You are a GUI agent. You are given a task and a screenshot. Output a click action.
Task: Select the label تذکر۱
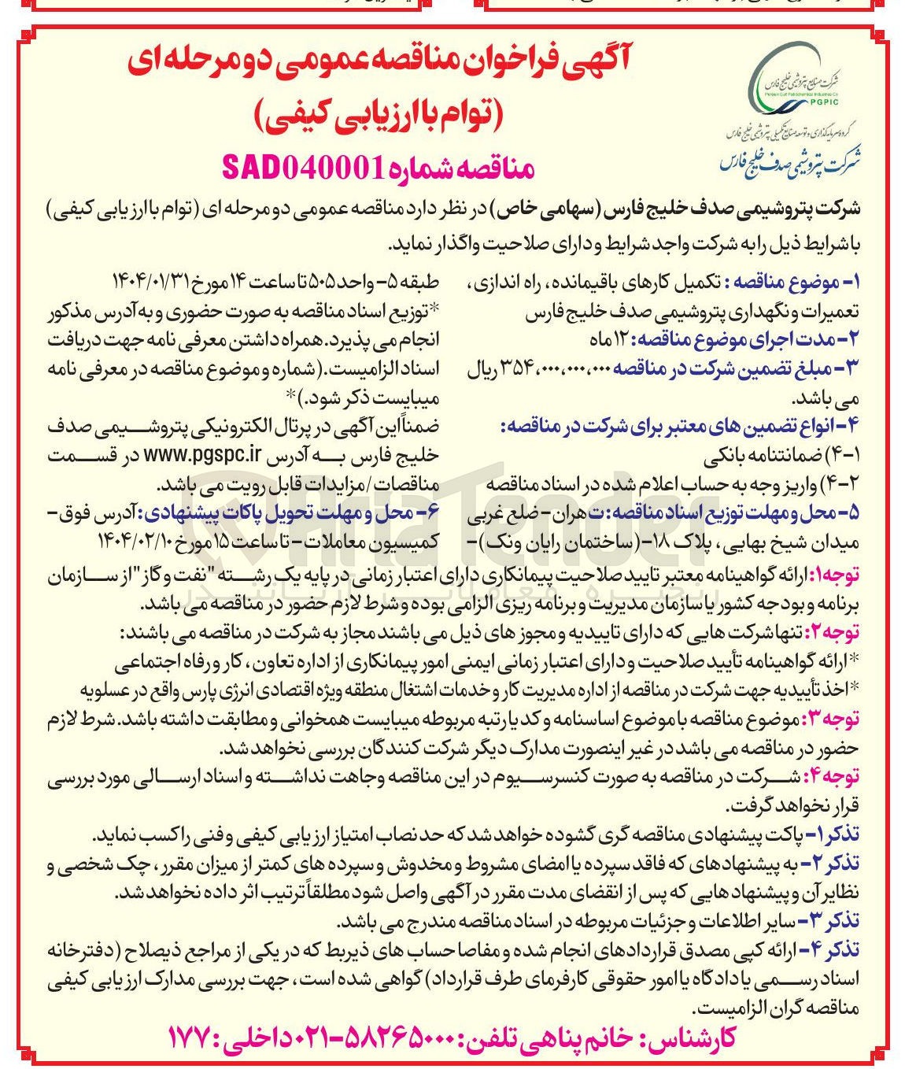tap(836, 834)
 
